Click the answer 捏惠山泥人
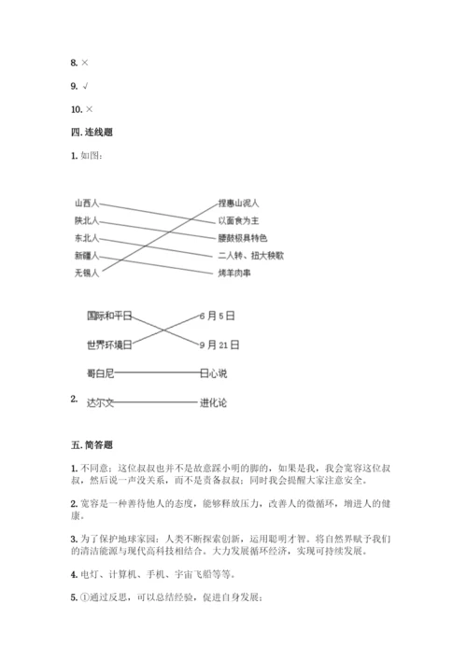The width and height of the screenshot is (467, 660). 238,202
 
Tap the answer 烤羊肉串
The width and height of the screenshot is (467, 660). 235,273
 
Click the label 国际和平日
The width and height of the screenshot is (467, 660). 109,316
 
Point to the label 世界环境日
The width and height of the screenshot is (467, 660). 109,344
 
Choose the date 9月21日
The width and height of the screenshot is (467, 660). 222,344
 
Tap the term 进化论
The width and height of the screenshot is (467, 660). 213,403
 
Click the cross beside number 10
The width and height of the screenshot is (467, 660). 89,109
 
